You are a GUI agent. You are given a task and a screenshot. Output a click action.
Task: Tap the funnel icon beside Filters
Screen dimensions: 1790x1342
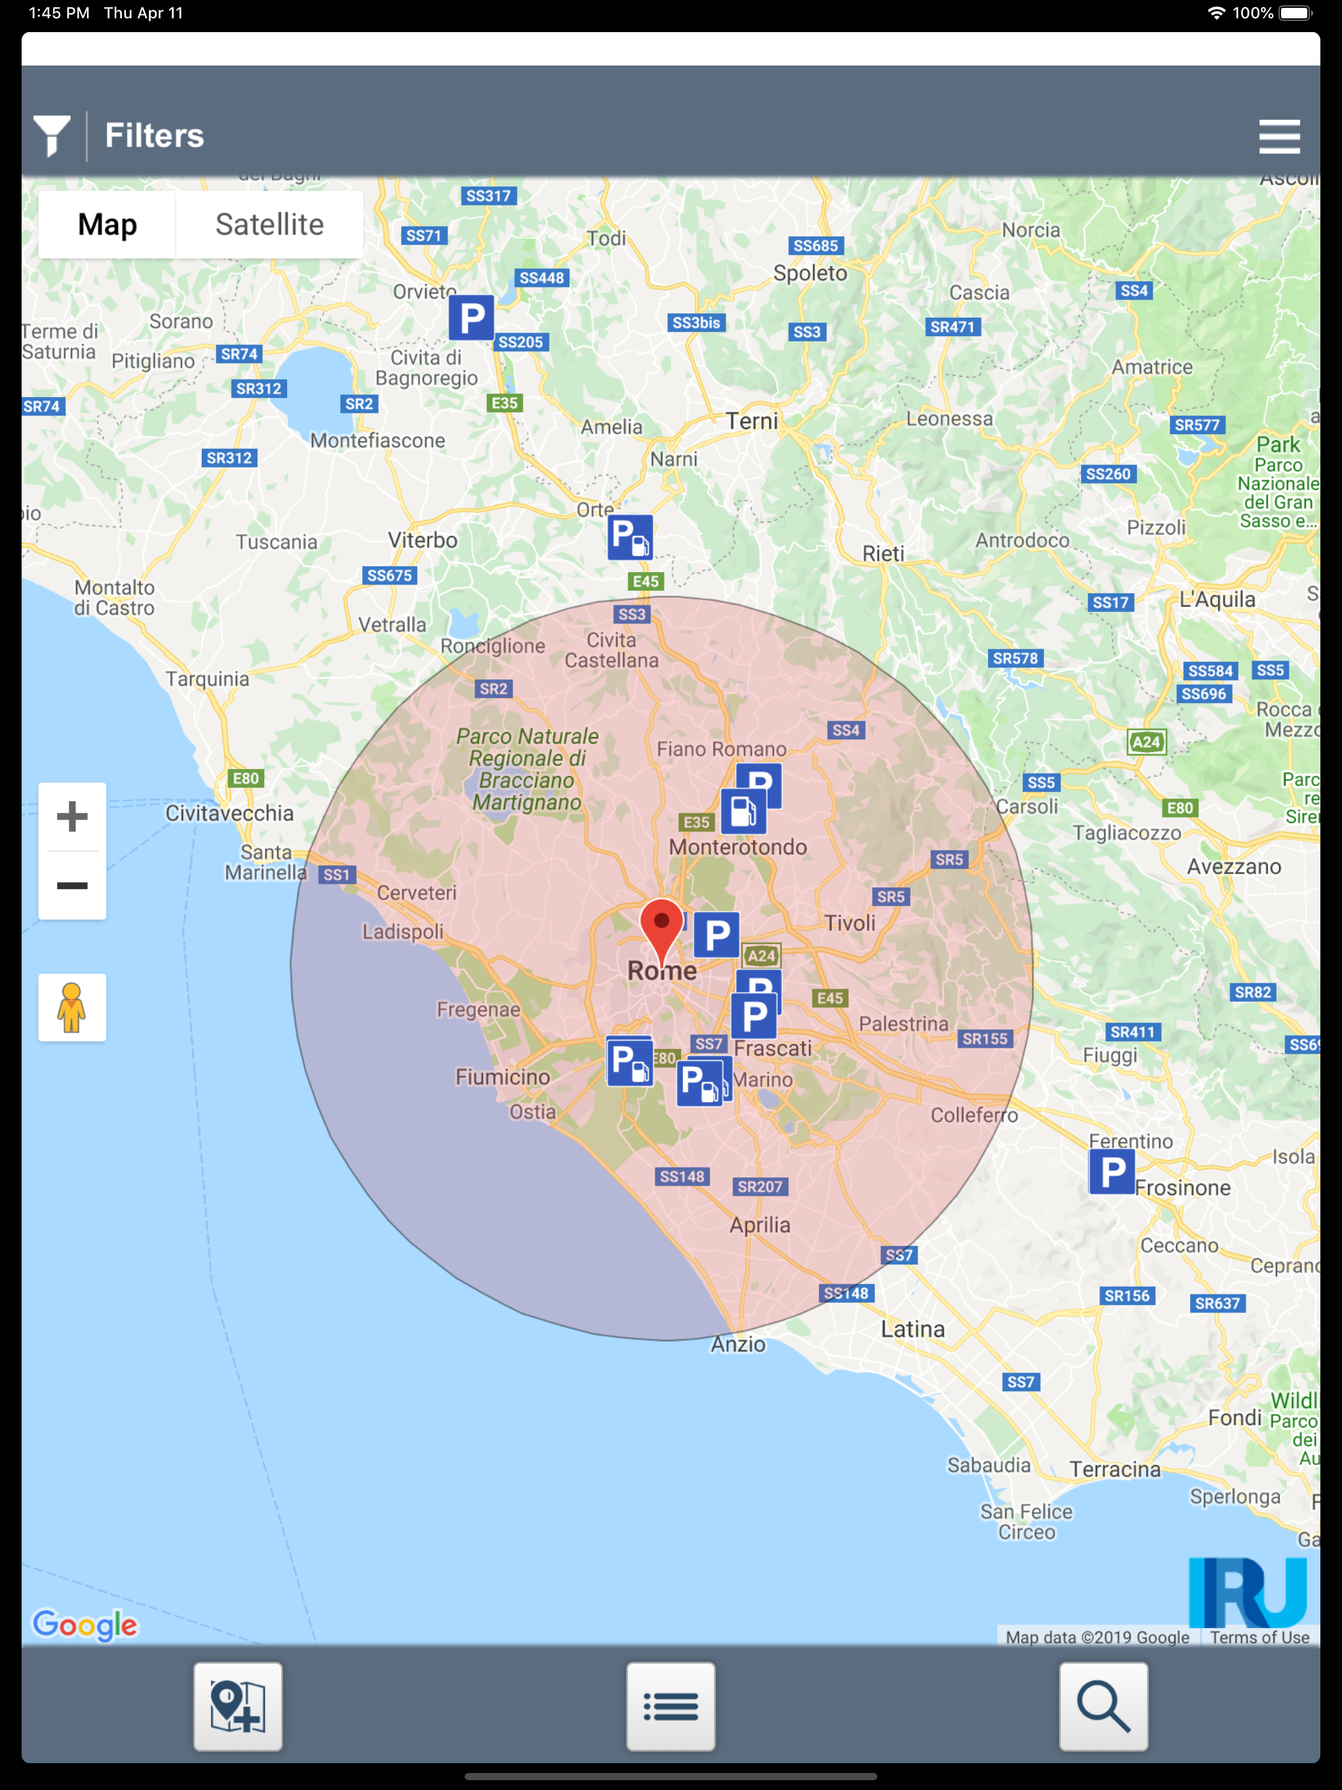coord(52,135)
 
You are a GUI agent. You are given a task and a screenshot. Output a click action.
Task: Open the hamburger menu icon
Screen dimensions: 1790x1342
coord(1279,136)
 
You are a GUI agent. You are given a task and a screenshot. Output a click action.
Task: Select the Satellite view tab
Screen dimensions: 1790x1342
coord(269,225)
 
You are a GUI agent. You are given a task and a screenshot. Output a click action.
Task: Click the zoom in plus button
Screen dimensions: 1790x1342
coord(72,816)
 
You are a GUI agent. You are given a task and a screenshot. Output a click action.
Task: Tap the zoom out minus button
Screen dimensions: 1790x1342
coord(72,885)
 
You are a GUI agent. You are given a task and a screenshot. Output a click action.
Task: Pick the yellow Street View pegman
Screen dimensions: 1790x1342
coord(72,1008)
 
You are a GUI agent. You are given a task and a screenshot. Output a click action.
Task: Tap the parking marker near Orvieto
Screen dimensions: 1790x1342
coord(471,318)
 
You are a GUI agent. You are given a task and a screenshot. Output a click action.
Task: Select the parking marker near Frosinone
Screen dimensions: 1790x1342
coord(1111,1171)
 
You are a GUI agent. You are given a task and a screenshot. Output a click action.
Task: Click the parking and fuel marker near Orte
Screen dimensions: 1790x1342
coord(630,537)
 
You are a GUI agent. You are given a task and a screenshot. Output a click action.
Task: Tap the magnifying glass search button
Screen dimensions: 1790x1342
coord(1103,1706)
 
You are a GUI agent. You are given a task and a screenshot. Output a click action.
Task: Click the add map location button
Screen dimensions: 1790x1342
coord(238,1706)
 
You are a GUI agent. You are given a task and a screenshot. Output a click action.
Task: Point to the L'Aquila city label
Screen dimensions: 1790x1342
coord(1217,600)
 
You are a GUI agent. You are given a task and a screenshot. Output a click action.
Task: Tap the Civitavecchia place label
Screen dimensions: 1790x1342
coord(229,813)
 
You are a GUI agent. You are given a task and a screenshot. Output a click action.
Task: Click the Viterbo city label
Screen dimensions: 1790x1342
coord(423,540)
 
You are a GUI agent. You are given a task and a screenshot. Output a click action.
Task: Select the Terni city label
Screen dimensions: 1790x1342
coord(751,421)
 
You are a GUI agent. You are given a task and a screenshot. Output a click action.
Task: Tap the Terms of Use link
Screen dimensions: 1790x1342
coord(1259,1637)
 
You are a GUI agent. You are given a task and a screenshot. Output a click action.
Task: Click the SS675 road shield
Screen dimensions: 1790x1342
coord(389,575)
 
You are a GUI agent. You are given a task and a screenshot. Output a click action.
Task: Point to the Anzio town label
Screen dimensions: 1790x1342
coord(737,1344)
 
